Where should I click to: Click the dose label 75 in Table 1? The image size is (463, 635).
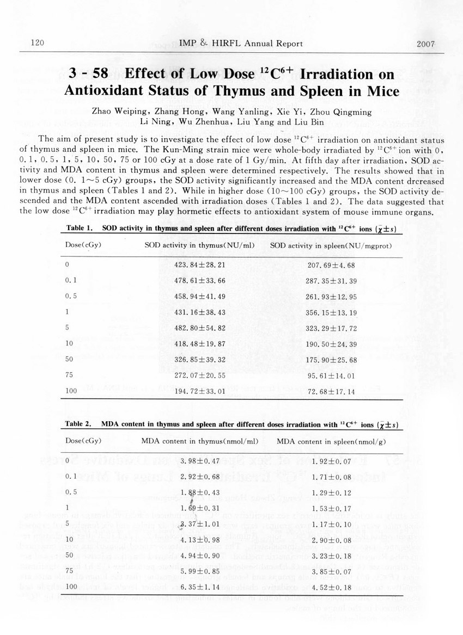(69, 375)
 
